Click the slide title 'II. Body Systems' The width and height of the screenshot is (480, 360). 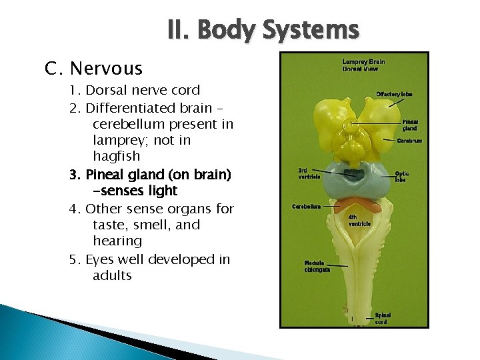pyautogui.click(x=263, y=30)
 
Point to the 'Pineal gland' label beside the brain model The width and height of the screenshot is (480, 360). pyautogui.click(x=409, y=125)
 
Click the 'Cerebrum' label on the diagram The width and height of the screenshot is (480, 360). pyautogui.click(x=409, y=141)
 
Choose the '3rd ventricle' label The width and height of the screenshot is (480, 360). pyautogui.click(x=309, y=173)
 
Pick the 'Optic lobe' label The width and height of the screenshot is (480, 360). pyautogui.click(x=401, y=176)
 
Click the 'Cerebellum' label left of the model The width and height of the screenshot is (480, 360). pyautogui.click(x=307, y=206)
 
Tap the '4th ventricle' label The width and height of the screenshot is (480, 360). pyautogui.click(x=360, y=220)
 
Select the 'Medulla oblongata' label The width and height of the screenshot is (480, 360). pyautogui.click(x=317, y=265)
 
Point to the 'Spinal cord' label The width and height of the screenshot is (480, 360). pyautogui.click(x=383, y=318)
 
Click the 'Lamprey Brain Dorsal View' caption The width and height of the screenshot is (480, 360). pyautogui.click(x=363, y=65)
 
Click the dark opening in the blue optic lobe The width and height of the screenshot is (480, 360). pyautogui.click(x=353, y=175)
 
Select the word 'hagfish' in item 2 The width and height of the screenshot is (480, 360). pyautogui.click(x=117, y=157)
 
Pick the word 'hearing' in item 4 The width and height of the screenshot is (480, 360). pyautogui.click(x=117, y=241)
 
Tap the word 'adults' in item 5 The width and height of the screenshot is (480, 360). pyautogui.click(x=113, y=275)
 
